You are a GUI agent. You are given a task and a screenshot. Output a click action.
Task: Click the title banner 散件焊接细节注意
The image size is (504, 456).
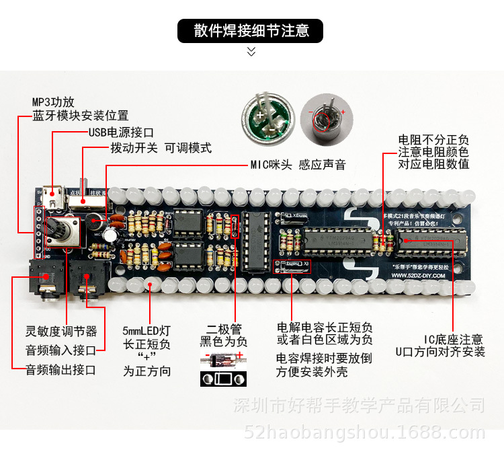pyautogui.click(x=251, y=31)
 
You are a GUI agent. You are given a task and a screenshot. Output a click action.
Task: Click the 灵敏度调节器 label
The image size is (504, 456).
pyautogui.click(x=61, y=332)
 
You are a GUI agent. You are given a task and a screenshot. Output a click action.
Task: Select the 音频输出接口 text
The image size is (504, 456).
pyautogui.click(x=60, y=369)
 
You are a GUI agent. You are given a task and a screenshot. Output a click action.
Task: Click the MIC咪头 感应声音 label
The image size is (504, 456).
pyautogui.click(x=298, y=165)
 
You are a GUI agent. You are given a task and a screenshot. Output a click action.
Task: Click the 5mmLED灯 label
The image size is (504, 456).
pyautogui.click(x=146, y=331)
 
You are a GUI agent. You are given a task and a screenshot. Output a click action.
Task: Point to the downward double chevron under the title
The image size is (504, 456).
pyautogui.click(x=251, y=51)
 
